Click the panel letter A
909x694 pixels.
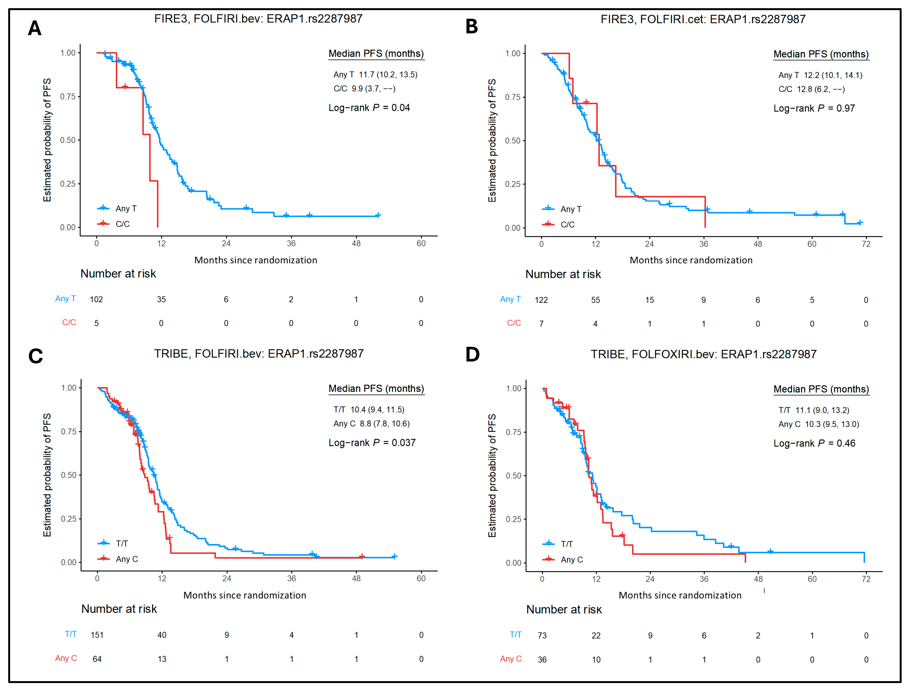35,28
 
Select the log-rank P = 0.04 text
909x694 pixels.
369,108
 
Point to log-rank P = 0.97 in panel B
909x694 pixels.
814,108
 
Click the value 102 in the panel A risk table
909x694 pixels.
96,300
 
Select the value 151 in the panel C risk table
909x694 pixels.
97,635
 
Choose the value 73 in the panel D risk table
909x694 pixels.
542,636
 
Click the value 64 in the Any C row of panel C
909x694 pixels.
97,659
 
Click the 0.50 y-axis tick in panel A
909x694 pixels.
68,140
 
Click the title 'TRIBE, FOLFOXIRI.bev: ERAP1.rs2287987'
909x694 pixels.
703,355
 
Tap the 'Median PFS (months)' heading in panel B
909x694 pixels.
821,54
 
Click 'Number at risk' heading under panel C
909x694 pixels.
119,609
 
